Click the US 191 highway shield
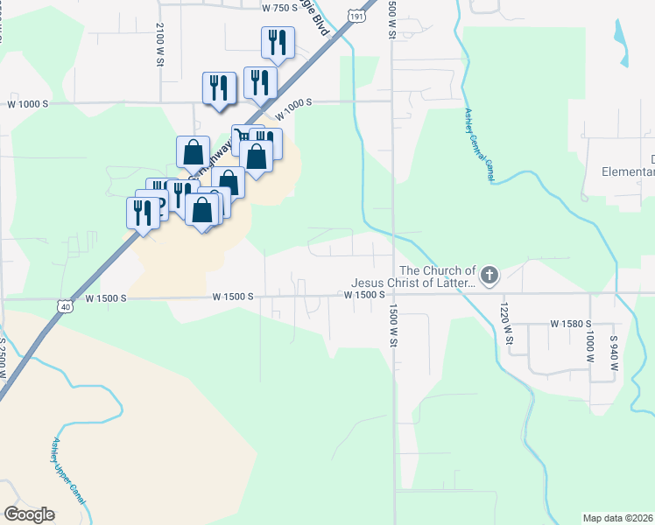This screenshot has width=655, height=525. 356,16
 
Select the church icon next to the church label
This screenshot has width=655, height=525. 489,276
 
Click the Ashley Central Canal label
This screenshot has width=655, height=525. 481,144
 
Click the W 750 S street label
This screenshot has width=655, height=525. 280,8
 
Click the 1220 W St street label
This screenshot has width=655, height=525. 505,324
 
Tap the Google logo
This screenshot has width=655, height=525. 29,514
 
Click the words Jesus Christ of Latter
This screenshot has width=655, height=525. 412,283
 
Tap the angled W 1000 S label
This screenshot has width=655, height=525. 293,109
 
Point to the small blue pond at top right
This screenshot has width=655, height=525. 622,42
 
